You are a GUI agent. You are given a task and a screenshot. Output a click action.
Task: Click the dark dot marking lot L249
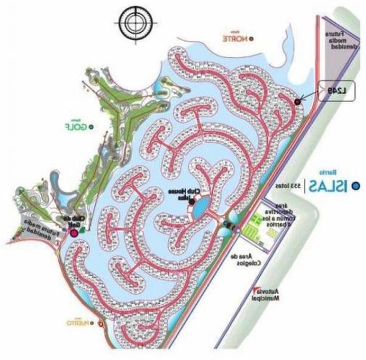pyautogui.click(x=298, y=102)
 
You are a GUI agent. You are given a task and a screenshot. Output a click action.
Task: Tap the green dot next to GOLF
pyautogui.click(x=92, y=127)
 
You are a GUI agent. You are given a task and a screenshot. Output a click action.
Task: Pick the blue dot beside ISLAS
pyautogui.click(x=356, y=186)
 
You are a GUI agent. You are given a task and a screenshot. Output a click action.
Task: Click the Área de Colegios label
pyautogui.click(x=244, y=259)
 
